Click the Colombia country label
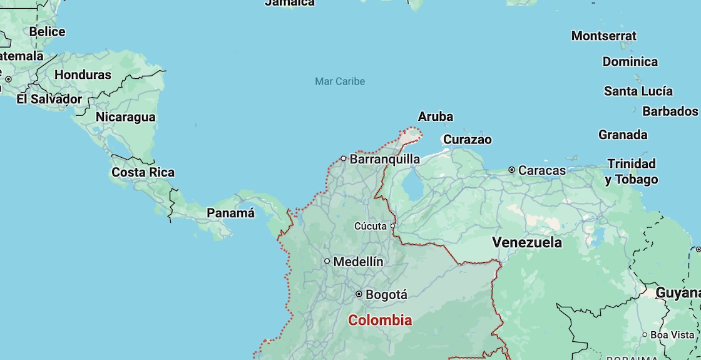380,321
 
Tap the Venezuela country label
526,242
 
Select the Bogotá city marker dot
359,294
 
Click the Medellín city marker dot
327,261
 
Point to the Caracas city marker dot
511,170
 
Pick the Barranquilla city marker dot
343,158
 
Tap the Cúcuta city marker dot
393,226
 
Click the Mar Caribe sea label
340,81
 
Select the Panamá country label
231,213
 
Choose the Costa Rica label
143,172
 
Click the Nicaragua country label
125,117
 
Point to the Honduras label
83,75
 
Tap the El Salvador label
49,99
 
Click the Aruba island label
435,116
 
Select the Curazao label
467,139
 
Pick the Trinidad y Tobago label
632,172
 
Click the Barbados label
670,111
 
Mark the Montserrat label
603,36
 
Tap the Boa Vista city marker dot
645,335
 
